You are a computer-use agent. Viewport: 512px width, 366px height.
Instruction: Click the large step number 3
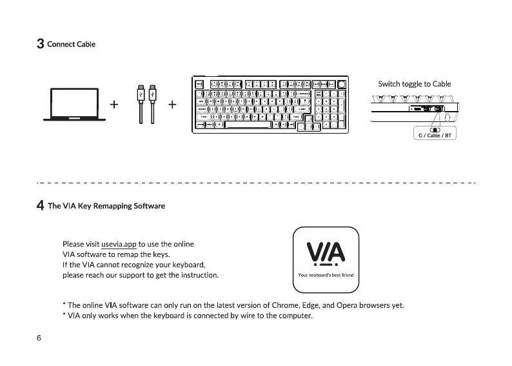click(x=40, y=44)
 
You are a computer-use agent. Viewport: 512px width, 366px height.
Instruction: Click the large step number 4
click(x=40, y=206)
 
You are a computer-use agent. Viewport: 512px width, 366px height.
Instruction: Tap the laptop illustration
click(x=74, y=105)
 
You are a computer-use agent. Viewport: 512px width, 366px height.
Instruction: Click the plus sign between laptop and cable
click(x=115, y=104)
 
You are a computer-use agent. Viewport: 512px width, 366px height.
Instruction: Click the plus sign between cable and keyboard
click(x=173, y=104)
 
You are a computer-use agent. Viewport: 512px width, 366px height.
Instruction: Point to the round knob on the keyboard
click(x=341, y=84)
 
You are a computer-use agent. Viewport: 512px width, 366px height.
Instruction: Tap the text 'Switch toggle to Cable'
click(x=414, y=84)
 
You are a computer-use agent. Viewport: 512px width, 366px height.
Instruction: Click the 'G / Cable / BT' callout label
click(x=434, y=136)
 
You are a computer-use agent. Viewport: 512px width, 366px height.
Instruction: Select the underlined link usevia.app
click(x=119, y=244)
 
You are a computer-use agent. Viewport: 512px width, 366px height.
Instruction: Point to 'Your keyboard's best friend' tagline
click(x=326, y=275)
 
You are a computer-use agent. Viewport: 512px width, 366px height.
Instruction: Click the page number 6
click(x=39, y=338)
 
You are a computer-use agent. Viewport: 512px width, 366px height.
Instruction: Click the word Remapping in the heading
click(x=113, y=206)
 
